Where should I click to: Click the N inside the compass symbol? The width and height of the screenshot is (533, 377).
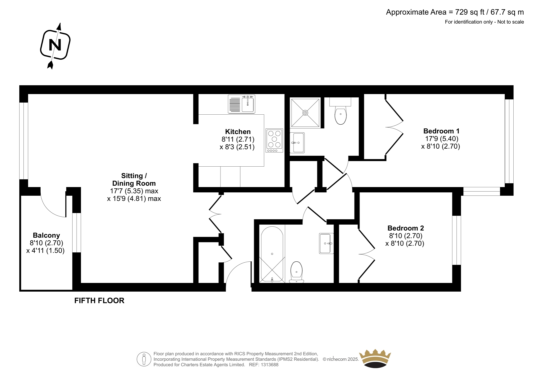(x=55, y=45)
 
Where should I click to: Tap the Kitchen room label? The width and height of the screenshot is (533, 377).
(x=238, y=132)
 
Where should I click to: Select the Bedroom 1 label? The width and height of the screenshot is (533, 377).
(x=441, y=131)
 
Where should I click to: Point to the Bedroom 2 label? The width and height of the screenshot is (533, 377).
(x=406, y=228)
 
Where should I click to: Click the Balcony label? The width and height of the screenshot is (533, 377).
(x=46, y=235)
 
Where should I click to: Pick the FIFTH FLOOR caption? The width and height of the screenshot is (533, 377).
(x=99, y=301)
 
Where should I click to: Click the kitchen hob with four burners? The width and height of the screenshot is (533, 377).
(x=274, y=140)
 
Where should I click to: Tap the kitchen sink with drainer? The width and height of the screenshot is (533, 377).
(x=242, y=104)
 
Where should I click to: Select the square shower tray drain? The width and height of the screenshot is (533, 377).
(x=305, y=113)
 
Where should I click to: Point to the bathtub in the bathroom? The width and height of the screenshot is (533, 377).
(x=272, y=254)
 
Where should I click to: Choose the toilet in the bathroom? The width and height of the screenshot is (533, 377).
(x=296, y=272)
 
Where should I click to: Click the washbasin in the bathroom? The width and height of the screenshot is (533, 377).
(x=326, y=243)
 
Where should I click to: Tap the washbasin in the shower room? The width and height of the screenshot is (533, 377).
(x=297, y=143)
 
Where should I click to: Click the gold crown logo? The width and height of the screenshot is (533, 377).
(x=375, y=359)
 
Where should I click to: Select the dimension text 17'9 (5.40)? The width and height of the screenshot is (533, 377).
(x=442, y=139)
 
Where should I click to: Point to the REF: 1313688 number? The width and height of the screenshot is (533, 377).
(x=264, y=365)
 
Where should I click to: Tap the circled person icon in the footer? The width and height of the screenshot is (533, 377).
(x=144, y=359)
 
